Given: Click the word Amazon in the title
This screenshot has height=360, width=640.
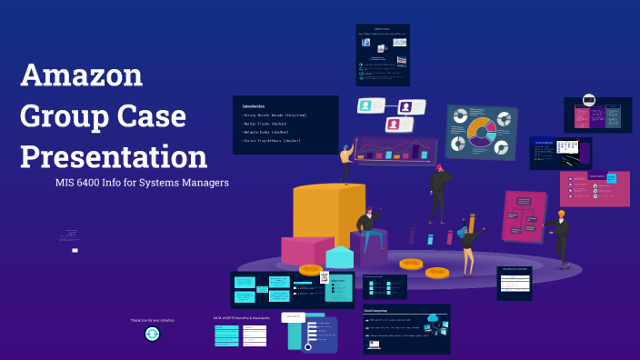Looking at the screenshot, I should (x=82, y=75).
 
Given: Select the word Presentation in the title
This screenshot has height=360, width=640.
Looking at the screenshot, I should (x=114, y=156).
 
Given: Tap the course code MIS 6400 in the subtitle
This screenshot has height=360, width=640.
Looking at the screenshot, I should (x=80, y=182).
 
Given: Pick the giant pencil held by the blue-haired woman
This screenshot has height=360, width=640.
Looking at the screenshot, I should (x=471, y=224).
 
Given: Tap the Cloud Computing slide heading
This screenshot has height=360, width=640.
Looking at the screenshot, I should (x=381, y=311).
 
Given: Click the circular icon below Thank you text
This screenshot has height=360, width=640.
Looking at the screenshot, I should (x=153, y=334).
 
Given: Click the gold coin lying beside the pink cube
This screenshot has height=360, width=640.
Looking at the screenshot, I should (x=312, y=270).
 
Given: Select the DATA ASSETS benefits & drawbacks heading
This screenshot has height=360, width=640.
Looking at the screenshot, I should (x=240, y=318).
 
